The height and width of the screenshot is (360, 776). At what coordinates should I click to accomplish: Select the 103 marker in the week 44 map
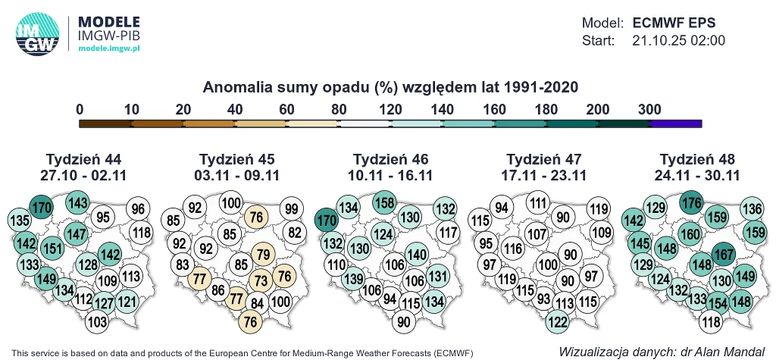pos(97,321)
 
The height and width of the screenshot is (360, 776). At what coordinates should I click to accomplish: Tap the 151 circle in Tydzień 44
pos(52,249)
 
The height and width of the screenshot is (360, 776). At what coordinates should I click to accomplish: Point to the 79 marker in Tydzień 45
pos(263,254)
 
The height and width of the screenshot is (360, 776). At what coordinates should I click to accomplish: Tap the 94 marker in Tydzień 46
pos(390,298)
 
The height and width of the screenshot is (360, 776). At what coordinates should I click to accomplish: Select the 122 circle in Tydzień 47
pos(557,322)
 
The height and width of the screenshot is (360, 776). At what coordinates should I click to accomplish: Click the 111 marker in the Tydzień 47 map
pos(539,203)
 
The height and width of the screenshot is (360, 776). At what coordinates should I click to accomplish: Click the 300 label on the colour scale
pos(649,109)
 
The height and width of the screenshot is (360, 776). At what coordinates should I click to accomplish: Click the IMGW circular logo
pos(36,35)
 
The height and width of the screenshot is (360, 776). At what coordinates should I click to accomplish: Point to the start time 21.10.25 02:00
pos(679,40)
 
